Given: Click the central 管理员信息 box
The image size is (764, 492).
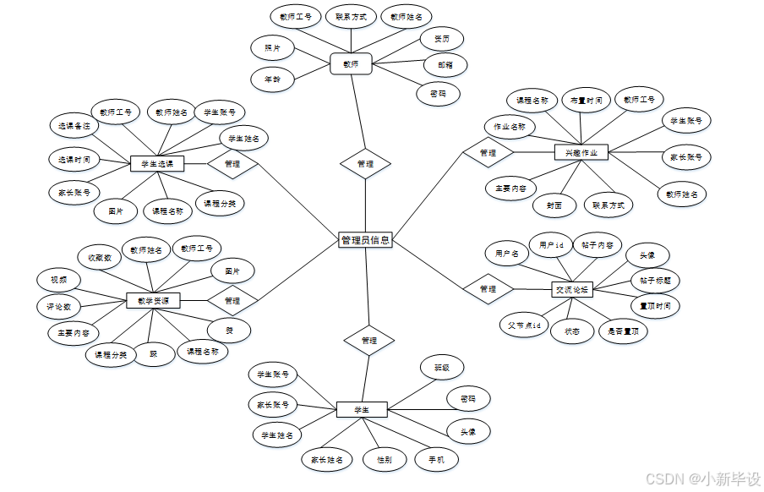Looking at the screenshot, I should click(x=365, y=240).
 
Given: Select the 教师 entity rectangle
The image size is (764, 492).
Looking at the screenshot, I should click(x=351, y=63).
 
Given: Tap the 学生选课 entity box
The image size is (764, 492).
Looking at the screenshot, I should click(x=157, y=163).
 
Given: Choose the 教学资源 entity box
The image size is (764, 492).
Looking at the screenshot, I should click(x=153, y=300).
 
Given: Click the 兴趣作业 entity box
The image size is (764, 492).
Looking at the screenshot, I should click(x=581, y=153).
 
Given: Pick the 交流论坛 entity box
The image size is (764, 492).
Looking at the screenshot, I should click(x=572, y=289).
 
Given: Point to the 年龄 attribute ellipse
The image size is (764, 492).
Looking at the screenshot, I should click(x=272, y=79).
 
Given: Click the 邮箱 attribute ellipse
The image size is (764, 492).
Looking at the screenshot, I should click(x=445, y=64).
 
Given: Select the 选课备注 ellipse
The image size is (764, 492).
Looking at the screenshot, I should click(x=74, y=125).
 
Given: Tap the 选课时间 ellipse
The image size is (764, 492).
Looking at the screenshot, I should click(x=74, y=159).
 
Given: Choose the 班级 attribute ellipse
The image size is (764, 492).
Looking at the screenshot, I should click(x=442, y=368).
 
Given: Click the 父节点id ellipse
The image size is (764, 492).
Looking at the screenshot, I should click(x=524, y=325).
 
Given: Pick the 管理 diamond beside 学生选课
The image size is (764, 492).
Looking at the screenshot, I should click(x=232, y=163).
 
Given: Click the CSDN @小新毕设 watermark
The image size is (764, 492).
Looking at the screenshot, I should click(x=703, y=478).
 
